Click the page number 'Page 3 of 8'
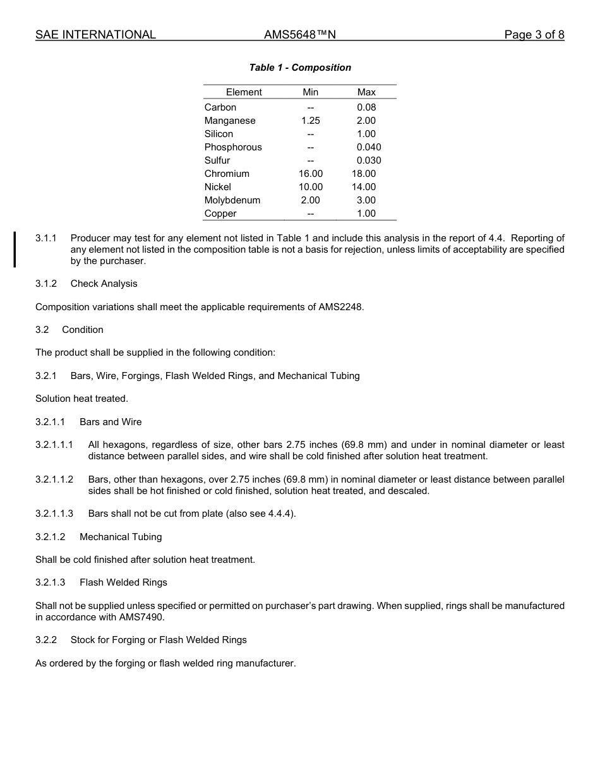pyautogui.click(x=534, y=35)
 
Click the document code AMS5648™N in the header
pyautogui.click(x=299, y=35)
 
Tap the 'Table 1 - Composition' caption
pyautogui.click(x=300, y=68)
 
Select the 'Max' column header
pyautogui.click(x=366, y=92)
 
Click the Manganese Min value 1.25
pyautogui.click(x=310, y=121)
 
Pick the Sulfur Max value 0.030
pyautogui.click(x=369, y=160)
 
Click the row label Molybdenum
pyautogui.click(x=232, y=200)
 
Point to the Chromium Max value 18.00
pyautogui.click(x=364, y=174)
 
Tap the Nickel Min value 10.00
pyautogui.click(x=310, y=187)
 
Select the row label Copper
pyautogui.click(x=220, y=214)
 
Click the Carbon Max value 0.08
pyautogui.click(x=366, y=107)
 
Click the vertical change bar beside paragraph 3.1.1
pyautogui.click(x=15, y=250)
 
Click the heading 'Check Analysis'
pyautogui.click(x=104, y=284)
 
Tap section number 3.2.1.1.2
pyautogui.click(x=54, y=479)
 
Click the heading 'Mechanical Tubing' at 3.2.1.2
pyautogui.click(x=121, y=537)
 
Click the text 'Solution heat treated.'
pyautogui.click(x=81, y=399)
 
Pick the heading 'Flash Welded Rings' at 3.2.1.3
pyautogui.click(x=123, y=582)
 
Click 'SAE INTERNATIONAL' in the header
pyautogui.click(x=95, y=35)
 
